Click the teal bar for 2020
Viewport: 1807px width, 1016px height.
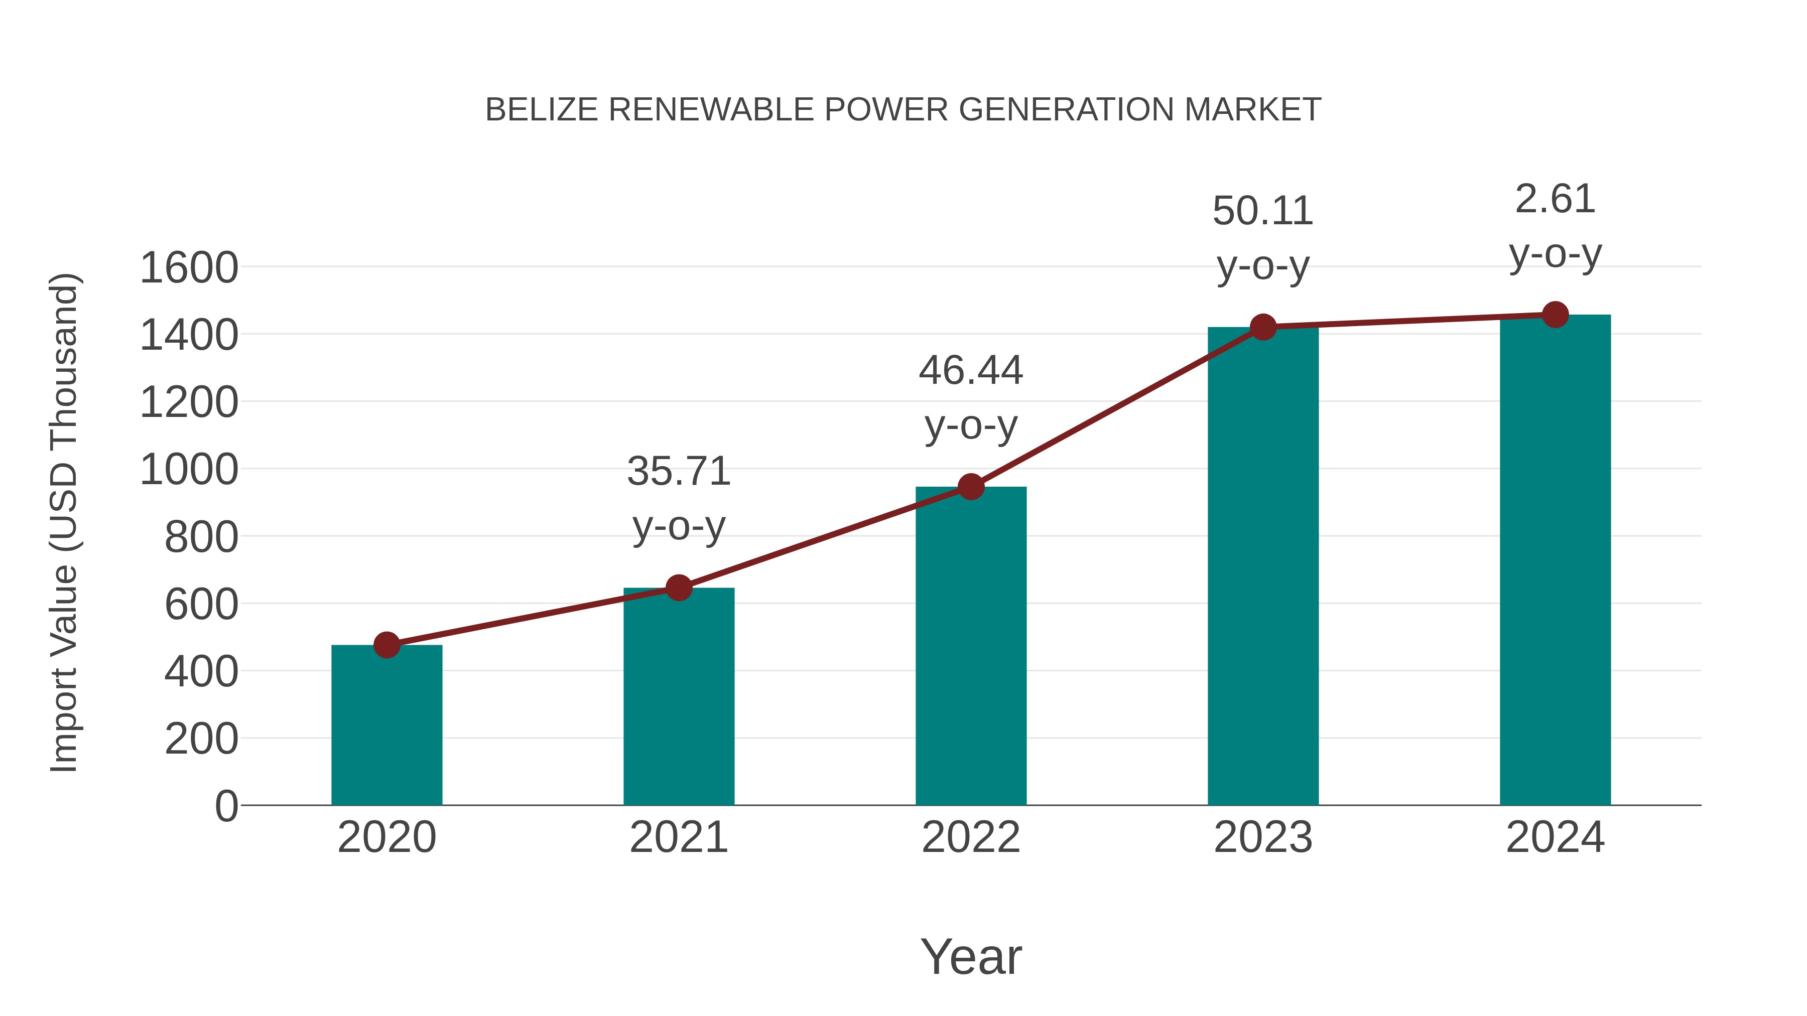(x=386, y=725)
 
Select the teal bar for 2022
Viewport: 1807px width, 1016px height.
(x=971, y=645)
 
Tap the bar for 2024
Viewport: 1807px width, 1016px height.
(x=1555, y=561)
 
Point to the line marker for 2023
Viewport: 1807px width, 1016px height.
(x=1263, y=327)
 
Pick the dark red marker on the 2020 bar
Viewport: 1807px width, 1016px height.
(x=386, y=644)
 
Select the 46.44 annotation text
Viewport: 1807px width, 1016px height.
(x=971, y=370)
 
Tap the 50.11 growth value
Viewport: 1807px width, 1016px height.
(x=1263, y=211)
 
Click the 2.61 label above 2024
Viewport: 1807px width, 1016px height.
(x=1555, y=199)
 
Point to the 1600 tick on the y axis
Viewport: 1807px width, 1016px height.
(x=189, y=268)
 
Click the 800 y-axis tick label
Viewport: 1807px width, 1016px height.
(x=201, y=538)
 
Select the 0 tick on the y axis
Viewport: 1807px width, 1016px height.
(x=226, y=806)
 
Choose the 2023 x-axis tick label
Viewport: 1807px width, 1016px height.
(x=1263, y=837)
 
